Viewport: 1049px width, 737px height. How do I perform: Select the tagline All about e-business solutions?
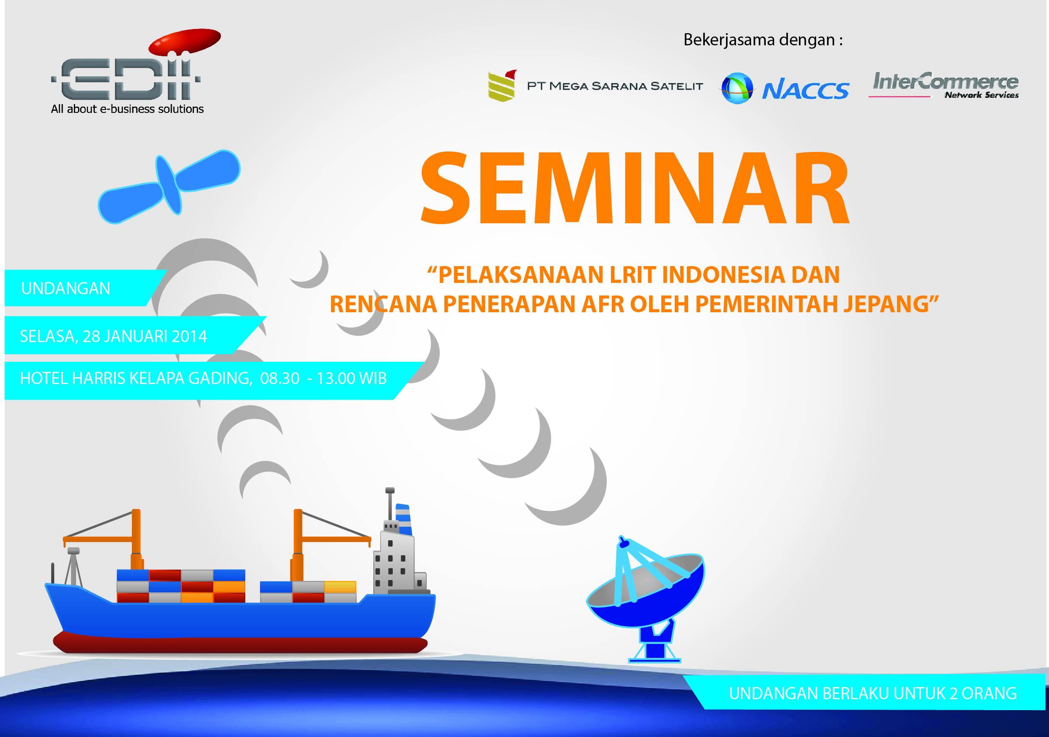coord(127,109)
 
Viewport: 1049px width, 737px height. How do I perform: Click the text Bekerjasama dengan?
coord(763,40)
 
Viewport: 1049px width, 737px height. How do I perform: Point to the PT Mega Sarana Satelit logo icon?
coord(502,86)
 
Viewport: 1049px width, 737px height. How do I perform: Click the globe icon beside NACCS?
coord(736,88)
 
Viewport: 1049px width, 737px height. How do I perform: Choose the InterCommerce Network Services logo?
coord(944,85)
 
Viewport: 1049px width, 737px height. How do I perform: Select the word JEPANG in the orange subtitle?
coord(885,304)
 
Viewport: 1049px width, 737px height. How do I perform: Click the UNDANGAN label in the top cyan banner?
coord(66,288)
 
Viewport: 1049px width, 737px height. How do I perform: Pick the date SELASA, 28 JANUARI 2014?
coord(113,337)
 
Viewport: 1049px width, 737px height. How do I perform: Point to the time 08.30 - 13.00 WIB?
coord(324,378)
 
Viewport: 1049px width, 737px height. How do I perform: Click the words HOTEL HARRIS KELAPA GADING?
coord(136,379)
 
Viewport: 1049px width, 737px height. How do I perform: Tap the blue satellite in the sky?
coord(169,186)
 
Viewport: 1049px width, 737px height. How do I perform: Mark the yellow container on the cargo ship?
coord(340,586)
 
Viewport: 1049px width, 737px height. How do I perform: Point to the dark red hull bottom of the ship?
coord(240,643)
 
